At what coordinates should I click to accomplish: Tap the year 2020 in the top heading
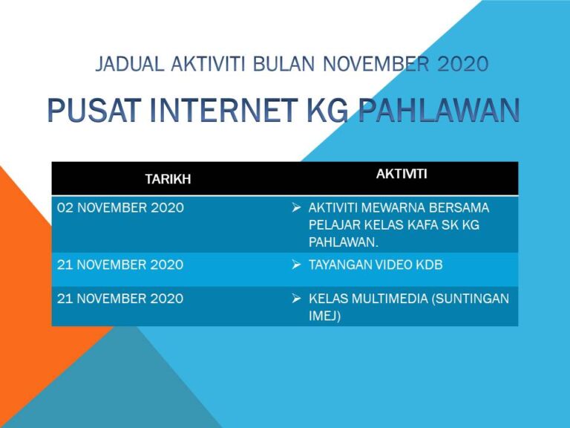click(462, 65)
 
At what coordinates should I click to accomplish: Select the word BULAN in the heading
click(285, 65)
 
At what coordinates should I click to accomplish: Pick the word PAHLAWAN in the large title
click(438, 111)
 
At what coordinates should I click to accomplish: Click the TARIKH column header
click(168, 179)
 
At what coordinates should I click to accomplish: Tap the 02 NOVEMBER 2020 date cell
click(120, 208)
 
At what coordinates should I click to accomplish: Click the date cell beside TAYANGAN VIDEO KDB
click(120, 265)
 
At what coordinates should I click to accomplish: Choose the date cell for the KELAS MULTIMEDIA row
click(120, 299)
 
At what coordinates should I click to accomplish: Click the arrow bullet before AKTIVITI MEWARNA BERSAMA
click(295, 208)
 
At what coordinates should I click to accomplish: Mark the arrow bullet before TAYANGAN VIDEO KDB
click(295, 265)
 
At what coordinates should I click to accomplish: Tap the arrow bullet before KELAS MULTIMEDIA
click(295, 299)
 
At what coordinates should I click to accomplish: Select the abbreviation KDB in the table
click(428, 265)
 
